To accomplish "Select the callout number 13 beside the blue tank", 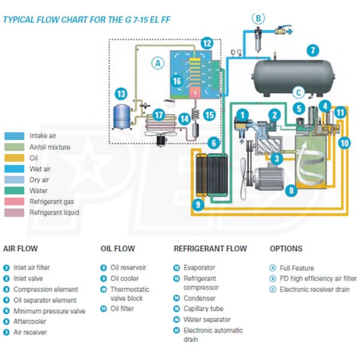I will pyautogui.click(x=121, y=94).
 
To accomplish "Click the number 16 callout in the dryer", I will pyautogui.click(x=176, y=80).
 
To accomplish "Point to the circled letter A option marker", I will pyautogui.click(x=158, y=62).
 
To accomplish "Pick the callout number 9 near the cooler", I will pyautogui.click(x=198, y=205).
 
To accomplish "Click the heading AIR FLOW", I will pyautogui.click(x=22, y=248).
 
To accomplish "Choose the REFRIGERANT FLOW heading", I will pyautogui.click(x=210, y=248).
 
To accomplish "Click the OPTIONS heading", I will pyautogui.click(x=286, y=248).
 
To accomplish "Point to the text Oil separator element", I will pyautogui.click(x=45, y=300).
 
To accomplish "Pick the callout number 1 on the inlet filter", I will pyautogui.click(x=242, y=113).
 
